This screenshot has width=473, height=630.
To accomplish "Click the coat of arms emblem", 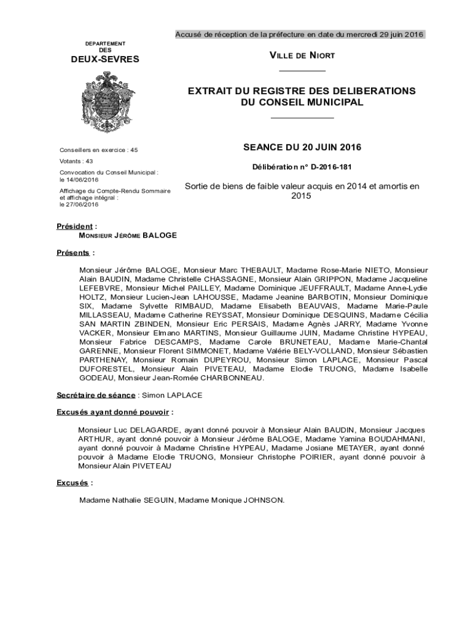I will point(106,101).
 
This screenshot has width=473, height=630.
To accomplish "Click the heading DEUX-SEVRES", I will point(106,60).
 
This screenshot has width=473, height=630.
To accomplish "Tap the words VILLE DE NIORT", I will point(302,56).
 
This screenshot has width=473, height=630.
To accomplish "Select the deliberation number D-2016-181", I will point(331,167).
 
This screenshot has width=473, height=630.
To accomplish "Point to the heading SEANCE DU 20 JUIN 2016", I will point(302,148).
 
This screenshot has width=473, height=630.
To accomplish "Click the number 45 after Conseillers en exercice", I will point(134,150).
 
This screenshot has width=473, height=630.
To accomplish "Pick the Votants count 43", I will point(89,161).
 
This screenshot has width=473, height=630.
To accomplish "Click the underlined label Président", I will point(75,226).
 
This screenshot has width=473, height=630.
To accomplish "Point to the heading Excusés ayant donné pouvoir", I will point(114,412).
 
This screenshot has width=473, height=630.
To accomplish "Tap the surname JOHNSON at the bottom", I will point(264,500).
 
